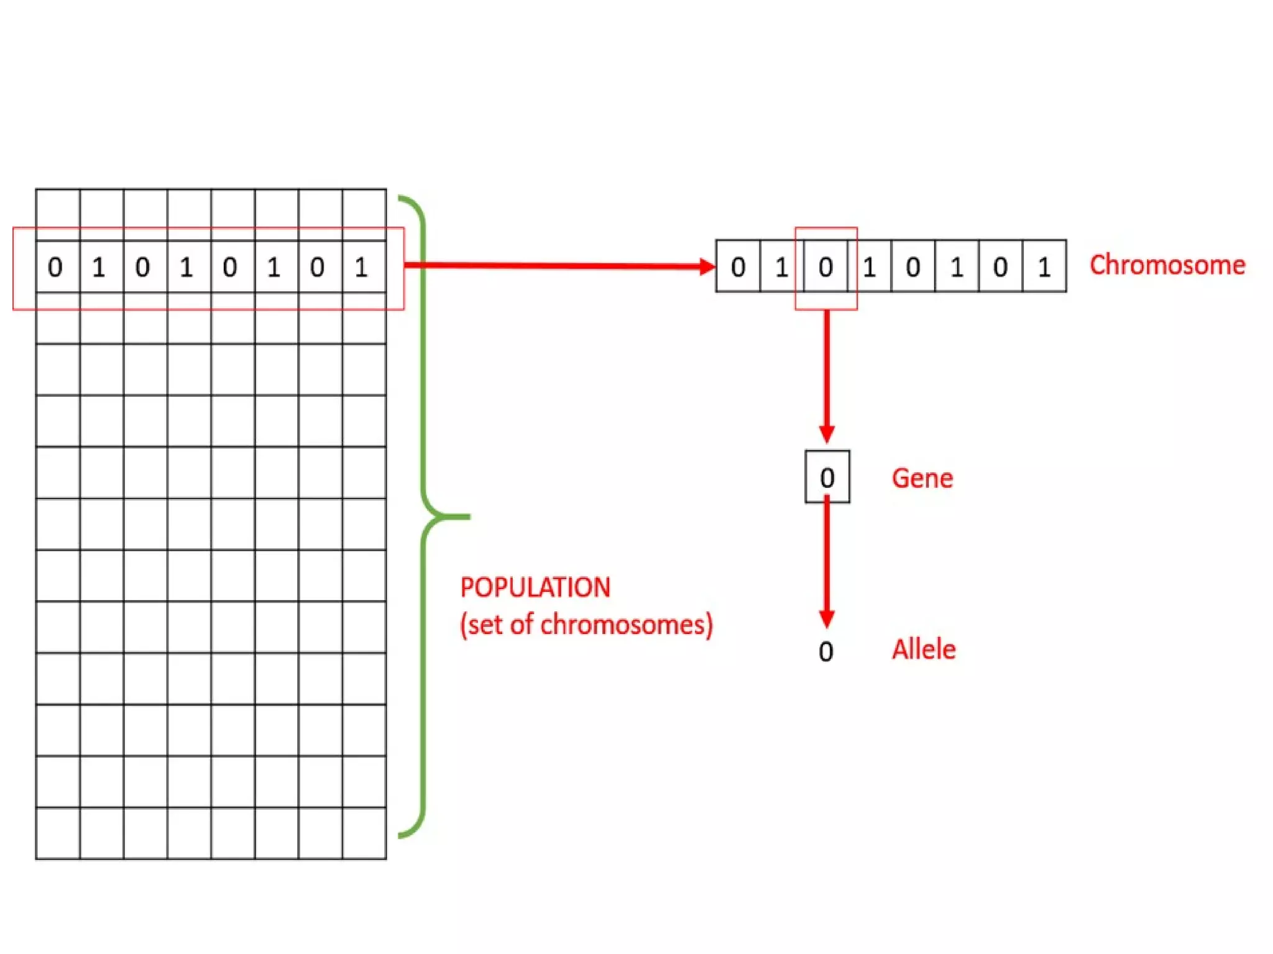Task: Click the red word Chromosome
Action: pyautogui.click(x=1167, y=265)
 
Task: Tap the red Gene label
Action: pyautogui.click(x=922, y=479)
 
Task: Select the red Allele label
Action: pyautogui.click(x=924, y=649)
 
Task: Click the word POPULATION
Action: pyautogui.click(x=535, y=587)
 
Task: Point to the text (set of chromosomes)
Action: pyautogui.click(x=586, y=625)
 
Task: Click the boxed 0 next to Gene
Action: pyautogui.click(x=827, y=477)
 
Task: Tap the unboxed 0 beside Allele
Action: pyautogui.click(x=825, y=651)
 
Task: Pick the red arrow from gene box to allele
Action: pyautogui.click(x=827, y=562)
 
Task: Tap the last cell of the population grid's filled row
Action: pyautogui.click(x=364, y=267)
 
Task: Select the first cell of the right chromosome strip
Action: pyautogui.click(x=738, y=267)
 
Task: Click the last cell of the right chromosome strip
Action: pyautogui.click(x=1044, y=267)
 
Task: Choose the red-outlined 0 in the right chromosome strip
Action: pyautogui.click(x=825, y=267)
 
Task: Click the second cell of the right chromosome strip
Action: pyautogui.click(x=781, y=267)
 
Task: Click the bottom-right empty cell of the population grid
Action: pyautogui.click(x=364, y=833)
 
